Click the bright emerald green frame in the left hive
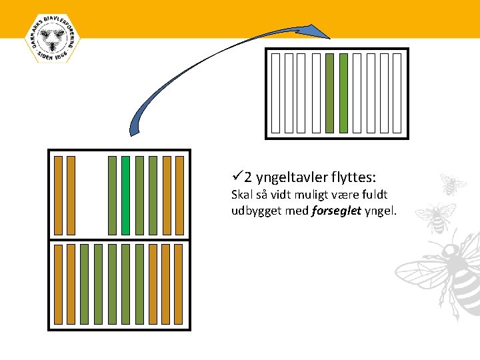tap(125, 195)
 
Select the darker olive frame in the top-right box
tap(329, 93)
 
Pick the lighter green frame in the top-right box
tap(343, 93)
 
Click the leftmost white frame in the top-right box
tap(275, 93)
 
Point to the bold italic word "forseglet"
tap(336, 211)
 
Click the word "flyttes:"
tap(353, 178)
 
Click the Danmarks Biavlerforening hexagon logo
tap(51, 39)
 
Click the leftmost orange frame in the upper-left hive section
tap(58, 195)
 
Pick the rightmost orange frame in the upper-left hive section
tap(181, 195)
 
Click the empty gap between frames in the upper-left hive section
tap(92, 195)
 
